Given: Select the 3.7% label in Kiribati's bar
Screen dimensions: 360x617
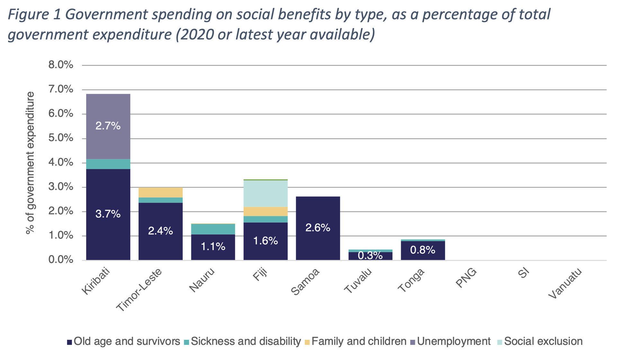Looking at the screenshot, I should click(x=108, y=214).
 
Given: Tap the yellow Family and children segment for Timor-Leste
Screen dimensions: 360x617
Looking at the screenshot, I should click(x=160, y=192).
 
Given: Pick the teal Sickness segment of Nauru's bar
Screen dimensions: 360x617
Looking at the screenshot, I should click(x=213, y=229).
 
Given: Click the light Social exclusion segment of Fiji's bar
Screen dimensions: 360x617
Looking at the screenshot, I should click(x=265, y=193).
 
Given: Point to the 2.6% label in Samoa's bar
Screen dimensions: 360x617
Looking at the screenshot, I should click(x=318, y=228).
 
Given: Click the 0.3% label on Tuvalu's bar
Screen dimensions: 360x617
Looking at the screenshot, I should click(x=370, y=256).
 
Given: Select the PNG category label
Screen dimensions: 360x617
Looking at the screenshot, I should click(x=466, y=278).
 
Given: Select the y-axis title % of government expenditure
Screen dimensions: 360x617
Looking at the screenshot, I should click(x=31, y=163).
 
